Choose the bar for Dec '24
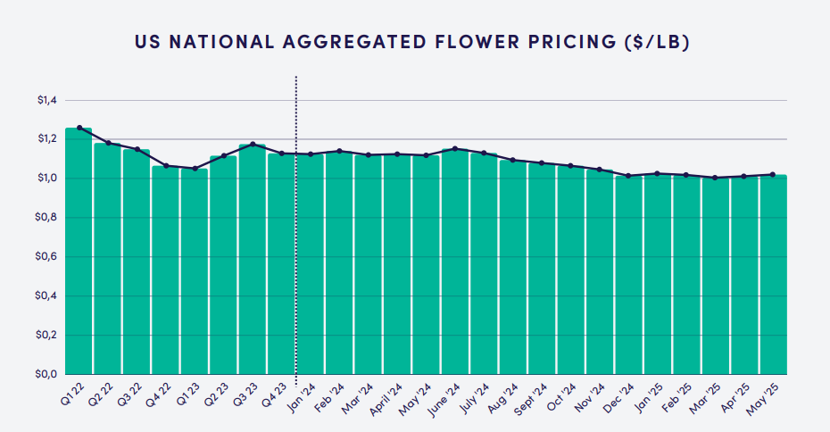628,277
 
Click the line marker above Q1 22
79,128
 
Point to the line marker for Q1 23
195,168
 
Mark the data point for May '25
773,174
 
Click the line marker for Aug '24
512,160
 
